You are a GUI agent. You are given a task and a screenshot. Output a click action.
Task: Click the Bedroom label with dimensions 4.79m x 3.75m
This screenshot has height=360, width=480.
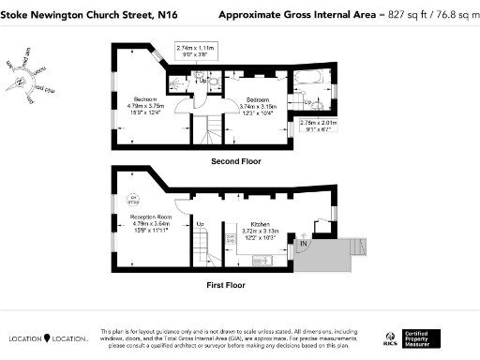(x=145, y=102)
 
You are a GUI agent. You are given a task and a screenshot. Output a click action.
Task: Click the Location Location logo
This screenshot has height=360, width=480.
(x=48, y=337)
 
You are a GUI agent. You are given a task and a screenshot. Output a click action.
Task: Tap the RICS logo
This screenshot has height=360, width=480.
(x=389, y=337)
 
